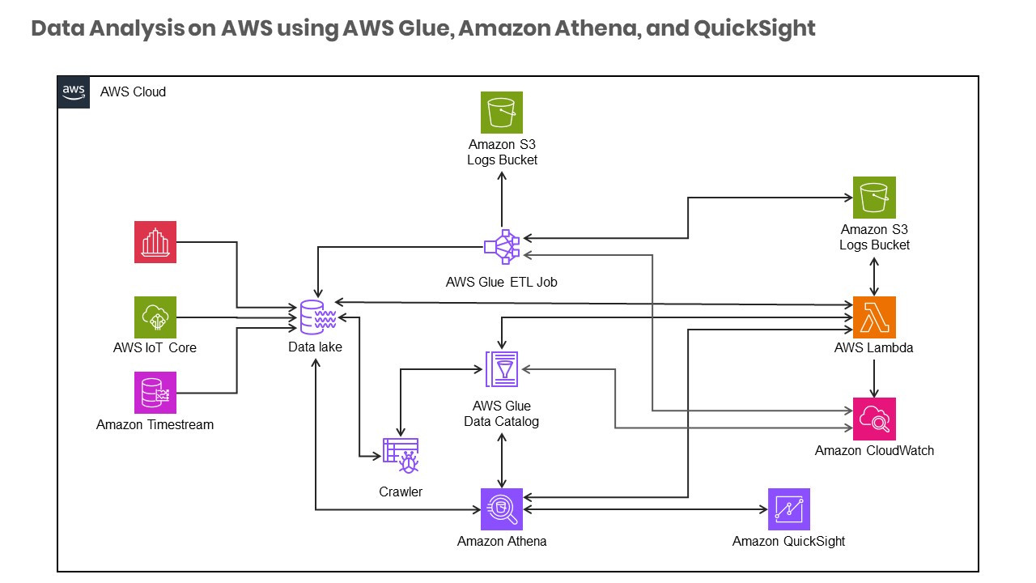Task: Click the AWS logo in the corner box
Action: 74,91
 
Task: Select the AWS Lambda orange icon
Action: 874,317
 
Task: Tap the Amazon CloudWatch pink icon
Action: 874,419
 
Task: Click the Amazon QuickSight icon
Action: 788,509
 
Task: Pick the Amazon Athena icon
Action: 502,509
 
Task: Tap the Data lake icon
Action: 316,317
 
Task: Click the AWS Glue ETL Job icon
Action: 502,246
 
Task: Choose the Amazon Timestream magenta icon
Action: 155,393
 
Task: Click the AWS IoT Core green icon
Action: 155,317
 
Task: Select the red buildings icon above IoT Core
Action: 155,241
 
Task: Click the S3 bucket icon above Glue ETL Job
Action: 502,112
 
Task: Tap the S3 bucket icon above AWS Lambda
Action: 874,198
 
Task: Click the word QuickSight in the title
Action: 754,29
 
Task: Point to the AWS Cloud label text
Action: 133,92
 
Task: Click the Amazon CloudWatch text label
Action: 874,451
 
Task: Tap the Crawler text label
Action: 401,492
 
